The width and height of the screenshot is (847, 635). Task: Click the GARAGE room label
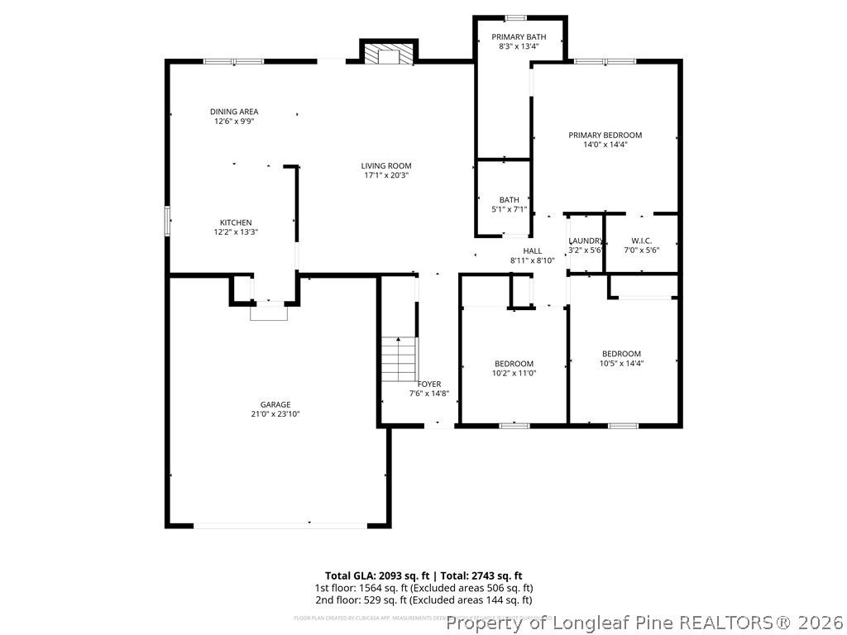click(275, 404)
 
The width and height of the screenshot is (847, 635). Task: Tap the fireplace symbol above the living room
click(387, 53)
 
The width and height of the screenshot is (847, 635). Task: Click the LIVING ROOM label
click(386, 165)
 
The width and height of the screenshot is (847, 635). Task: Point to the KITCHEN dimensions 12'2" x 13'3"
click(236, 232)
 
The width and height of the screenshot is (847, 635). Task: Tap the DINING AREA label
click(234, 112)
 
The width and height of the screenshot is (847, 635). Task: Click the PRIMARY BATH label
click(519, 36)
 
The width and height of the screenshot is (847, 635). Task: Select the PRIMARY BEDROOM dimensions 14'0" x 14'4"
click(605, 145)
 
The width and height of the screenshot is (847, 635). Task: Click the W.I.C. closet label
click(641, 241)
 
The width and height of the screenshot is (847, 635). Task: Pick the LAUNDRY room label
click(586, 241)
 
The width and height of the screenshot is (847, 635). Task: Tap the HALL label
click(532, 251)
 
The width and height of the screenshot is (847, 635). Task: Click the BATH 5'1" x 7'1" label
click(509, 199)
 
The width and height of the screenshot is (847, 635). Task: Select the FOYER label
click(429, 384)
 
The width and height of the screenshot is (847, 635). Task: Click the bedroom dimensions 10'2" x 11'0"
click(514, 374)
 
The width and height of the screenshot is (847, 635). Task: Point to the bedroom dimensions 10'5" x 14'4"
click(621, 363)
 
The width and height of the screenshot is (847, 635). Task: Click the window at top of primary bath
click(516, 18)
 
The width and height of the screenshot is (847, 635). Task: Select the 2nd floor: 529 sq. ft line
click(423, 600)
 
